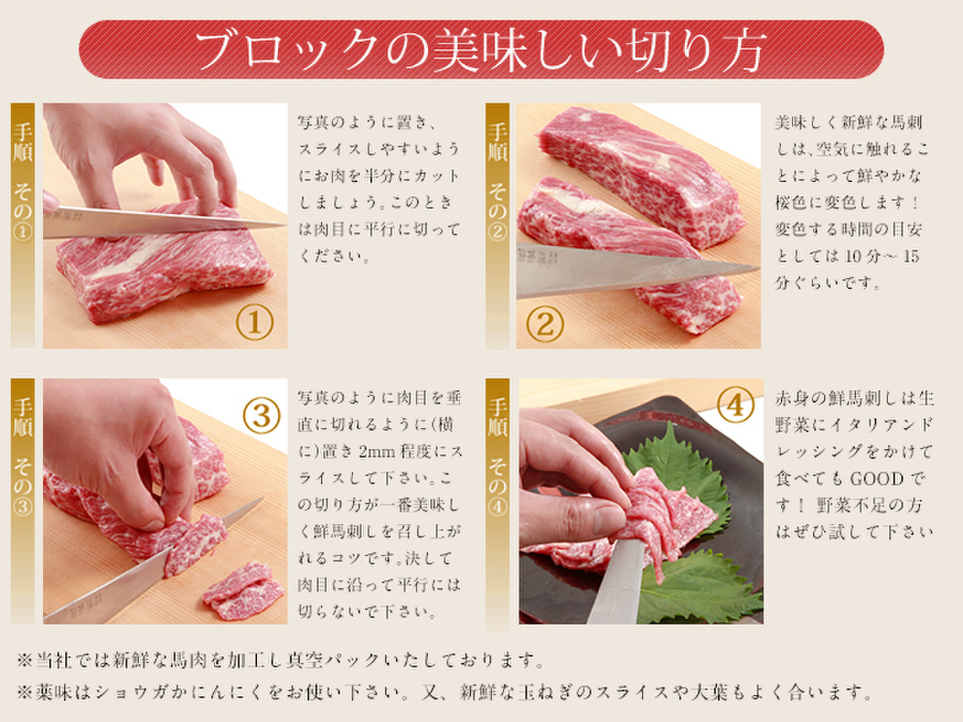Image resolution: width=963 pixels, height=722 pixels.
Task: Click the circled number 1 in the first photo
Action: click(255, 323)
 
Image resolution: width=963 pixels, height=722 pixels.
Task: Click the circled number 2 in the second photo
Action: click(545, 324)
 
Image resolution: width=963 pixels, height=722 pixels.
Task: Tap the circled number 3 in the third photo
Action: click(262, 416)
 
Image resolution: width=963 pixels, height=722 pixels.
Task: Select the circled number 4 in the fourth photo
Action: click(736, 404)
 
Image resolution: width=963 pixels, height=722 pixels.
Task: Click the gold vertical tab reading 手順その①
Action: click(23, 225)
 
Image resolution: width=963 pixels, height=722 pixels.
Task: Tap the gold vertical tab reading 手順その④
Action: click(498, 504)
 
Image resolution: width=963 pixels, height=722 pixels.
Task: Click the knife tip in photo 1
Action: click(284, 225)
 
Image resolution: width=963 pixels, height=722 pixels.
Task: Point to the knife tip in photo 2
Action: click(758, 267)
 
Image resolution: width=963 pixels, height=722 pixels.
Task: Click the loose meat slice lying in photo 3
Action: click(244, 591)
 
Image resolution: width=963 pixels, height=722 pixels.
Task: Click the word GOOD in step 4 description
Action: click(877, 479)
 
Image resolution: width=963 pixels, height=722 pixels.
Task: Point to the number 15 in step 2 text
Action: click(911, 257)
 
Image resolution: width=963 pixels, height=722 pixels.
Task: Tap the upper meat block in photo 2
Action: click(641, 175)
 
